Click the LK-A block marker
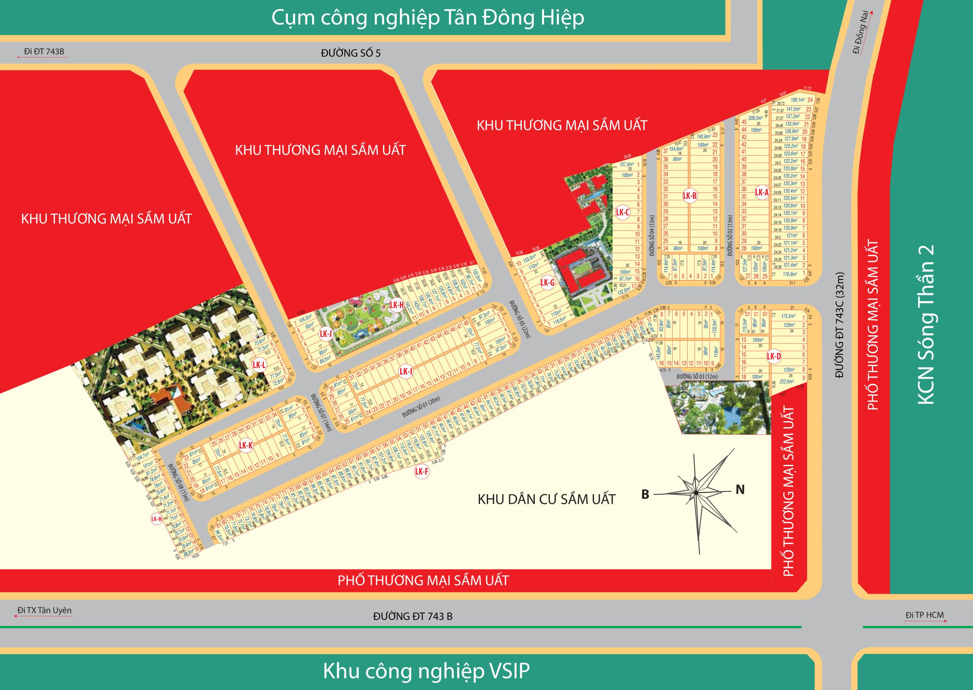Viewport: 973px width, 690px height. tap(762, 192)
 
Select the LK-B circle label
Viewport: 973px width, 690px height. tap(689, 196)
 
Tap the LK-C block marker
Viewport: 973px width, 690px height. tap(623, 213)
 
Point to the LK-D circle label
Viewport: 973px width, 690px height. tap(773, 357)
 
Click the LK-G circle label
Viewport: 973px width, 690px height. tap(547, 282)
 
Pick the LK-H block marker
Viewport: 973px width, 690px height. tap(397, 305)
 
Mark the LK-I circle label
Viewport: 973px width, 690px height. tap(406, 371)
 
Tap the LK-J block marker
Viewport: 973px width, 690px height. tap(326, 333)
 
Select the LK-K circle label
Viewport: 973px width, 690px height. tap(246, 445)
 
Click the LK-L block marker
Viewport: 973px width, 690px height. tap(259, 365)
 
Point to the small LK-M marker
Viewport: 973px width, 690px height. tap(156, 519)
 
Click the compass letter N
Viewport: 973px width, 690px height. tap(740, 489)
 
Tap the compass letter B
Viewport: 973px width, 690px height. tap(645, 494)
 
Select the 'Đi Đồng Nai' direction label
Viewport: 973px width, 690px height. tap(861, 32)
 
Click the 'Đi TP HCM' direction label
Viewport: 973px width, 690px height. tap(924, 615)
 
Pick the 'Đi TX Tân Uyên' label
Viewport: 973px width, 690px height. tap(44, 610)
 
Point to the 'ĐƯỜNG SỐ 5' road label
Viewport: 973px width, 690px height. tap(350, 53)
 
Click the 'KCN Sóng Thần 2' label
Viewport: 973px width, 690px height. tap(926, 325)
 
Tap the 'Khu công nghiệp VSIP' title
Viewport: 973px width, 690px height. tap(426, 671)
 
